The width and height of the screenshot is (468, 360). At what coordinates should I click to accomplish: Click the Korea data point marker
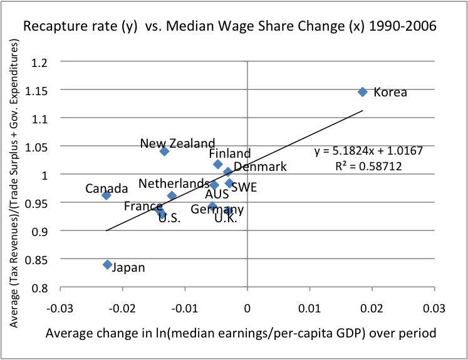[363, 92]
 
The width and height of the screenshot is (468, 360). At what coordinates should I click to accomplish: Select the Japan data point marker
[108, 265]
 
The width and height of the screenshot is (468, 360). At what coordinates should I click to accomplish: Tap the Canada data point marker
[107, 195]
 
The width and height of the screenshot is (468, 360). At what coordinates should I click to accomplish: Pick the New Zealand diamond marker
[164, 151]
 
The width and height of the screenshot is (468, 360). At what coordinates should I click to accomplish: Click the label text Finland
[229, 153]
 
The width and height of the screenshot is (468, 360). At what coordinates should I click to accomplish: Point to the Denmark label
[260, 167]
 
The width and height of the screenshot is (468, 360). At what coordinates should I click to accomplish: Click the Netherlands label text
[174, 183]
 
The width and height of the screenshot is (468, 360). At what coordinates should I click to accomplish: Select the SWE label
[244, 187]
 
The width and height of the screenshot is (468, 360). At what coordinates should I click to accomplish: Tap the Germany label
[217, 209]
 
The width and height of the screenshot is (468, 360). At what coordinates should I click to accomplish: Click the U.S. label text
[169, 218]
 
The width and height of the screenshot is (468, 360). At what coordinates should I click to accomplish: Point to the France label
[143, 207]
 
